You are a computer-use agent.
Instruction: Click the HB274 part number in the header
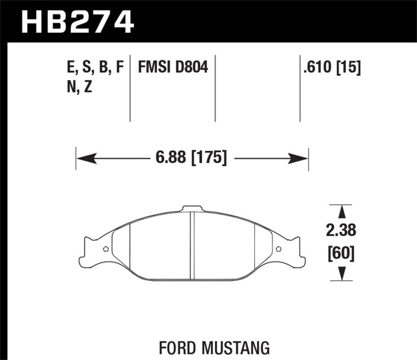[x=77, y=22]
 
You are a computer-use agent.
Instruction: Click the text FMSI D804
[x=173, y=67]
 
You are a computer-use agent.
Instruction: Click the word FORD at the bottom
[x=180, y=345]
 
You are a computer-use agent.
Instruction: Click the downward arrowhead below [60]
[x=342, y=274]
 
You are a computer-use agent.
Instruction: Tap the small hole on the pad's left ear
[x=106, y=249]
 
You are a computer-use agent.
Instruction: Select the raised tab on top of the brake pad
[x=191, y=209]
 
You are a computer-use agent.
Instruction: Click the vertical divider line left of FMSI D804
[x=130, y=89]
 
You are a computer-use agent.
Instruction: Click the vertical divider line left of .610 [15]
[x=300, y=89]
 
